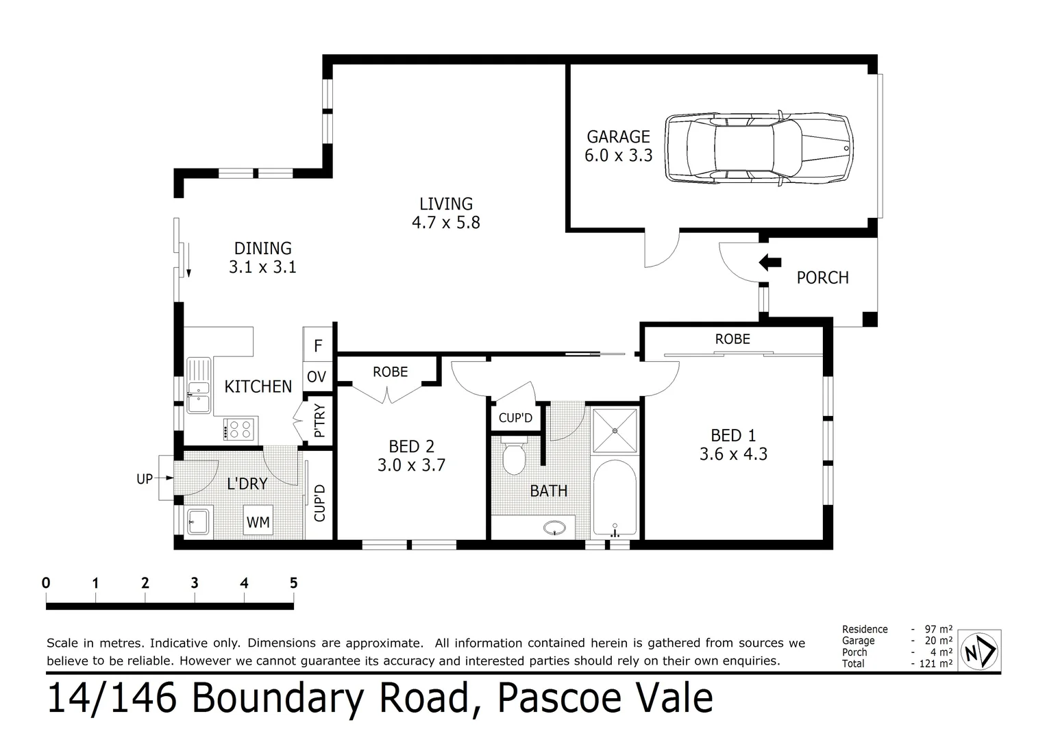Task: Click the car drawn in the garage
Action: pyautogui.click(x=759, y=147)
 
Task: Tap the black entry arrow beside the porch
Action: pyautogui.click(x=771, y=262)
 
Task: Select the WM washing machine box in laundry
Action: pyautogui.click(x=258, y=522)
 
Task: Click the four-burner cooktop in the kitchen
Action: pyautogui.click(x=238, y=429)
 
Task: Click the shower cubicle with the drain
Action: pyautogui.click(x=615, y=430)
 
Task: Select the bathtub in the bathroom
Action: pyautogui.click(x=615, y=500)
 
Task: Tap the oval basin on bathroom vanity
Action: pyautogui.click(x=554, y=528)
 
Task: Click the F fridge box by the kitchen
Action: pyautogui.click(x=318, y=346)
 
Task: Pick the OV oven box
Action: pyautogui.click(x=317, y=377)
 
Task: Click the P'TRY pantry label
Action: pyautogui.click(x=319, y=422)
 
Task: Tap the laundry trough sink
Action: pyautogui.click(x=197, y=522)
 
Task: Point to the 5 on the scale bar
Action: pyautogui.click(x=293, y=583)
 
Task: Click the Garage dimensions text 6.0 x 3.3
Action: pyautogui.click(x=618, y=156)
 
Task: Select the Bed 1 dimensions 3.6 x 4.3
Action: pyautogui.click(x=733, y=454)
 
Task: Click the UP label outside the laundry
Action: pyautogui.click(x=145, y=479)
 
